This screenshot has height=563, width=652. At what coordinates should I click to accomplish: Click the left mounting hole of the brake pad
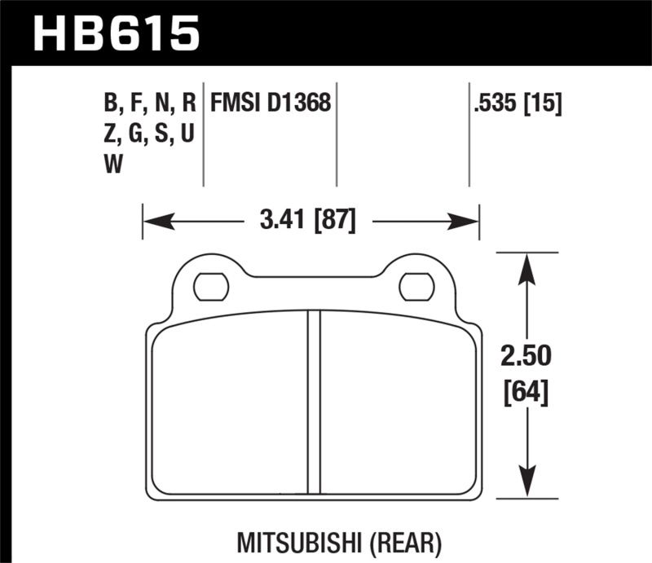[211, 286]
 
